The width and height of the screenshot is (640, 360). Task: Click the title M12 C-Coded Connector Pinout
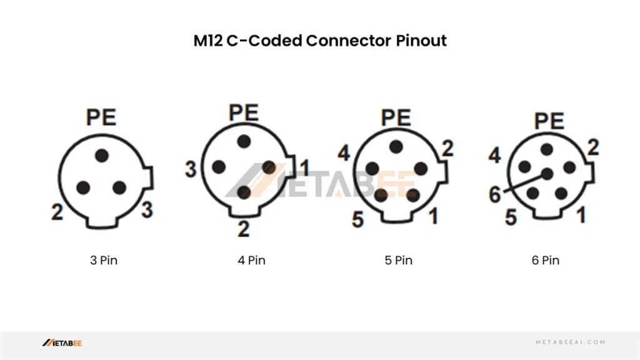click(x=319, y=41)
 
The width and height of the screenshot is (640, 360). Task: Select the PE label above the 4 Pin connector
click(x=244, y=112)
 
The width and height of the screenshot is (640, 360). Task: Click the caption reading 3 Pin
click(x=103, y=260)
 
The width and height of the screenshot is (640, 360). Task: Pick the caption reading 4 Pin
click(x=251, y=260)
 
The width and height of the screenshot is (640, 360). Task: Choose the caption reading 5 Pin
click(x=398, y=260)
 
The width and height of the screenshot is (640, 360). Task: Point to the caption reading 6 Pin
click(x=545, y=260)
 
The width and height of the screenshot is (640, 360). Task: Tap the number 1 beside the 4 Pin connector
click(x=304, y=167)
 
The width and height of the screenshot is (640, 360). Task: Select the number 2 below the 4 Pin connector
click(x=243, y=229)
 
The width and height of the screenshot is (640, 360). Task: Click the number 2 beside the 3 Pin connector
click(x=57, y=212)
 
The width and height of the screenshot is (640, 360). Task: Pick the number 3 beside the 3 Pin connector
click(x=147, y=209)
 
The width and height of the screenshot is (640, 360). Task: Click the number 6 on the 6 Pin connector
click(x=495, y=195)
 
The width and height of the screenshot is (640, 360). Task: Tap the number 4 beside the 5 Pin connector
click(x=343, y=153)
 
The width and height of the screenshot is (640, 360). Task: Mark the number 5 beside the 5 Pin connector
click(x=357, y=219)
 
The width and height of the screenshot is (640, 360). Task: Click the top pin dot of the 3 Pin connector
click(x=102, y=155)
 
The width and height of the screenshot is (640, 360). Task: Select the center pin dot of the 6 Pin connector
click(x=547, y=174)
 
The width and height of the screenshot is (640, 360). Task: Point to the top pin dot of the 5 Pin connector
click(x=396, y=146)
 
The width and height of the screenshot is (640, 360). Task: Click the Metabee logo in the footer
click(x=62, y=342)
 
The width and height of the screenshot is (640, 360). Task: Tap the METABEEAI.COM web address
click(x=571, y=342)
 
